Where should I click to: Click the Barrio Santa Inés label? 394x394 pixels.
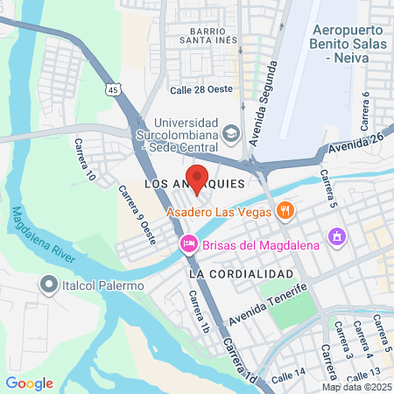[209, 34]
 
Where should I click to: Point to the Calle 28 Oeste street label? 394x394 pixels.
[200, 90]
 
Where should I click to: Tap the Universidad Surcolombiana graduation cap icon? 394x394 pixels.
[231, 133]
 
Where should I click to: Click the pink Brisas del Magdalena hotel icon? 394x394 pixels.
[187, 243]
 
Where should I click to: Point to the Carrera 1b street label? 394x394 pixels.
[201, 312]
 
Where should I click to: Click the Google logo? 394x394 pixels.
[29, 383]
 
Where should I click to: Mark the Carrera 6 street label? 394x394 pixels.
[365, 106]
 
